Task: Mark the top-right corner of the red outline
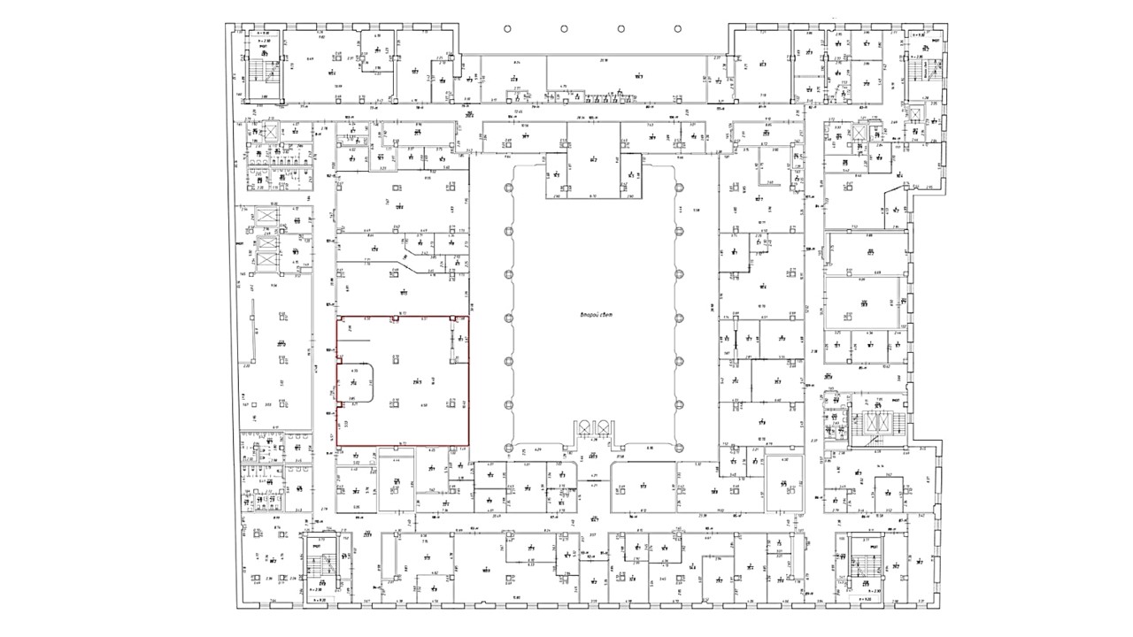coord(468,316)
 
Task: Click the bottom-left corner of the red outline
coord(336,444)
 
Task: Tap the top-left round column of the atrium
coord(508,188)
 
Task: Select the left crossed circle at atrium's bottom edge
coord(583,427)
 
